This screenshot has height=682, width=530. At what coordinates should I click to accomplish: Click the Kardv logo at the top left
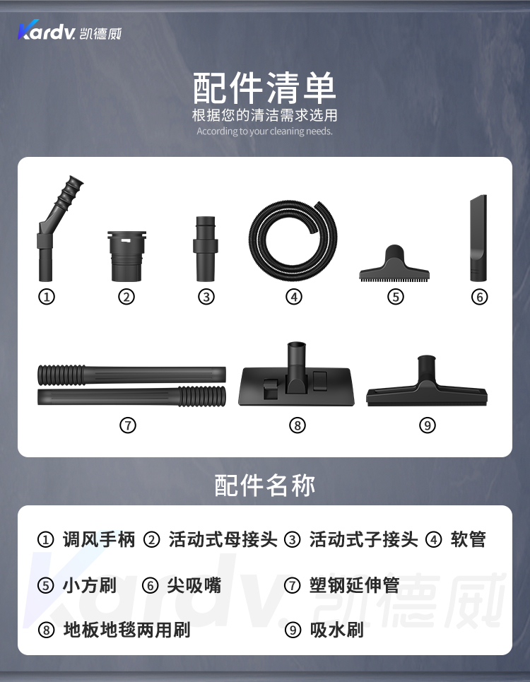(69, 30)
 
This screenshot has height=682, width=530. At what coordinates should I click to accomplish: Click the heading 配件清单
(264, 88)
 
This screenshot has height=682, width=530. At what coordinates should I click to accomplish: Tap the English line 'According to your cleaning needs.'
(264, 131)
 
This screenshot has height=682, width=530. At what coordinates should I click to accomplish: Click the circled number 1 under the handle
(47, 297)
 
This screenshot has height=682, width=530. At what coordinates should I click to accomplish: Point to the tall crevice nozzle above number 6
(478, 238)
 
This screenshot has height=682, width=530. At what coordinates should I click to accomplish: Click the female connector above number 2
(126, 256)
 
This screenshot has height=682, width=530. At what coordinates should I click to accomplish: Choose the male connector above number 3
(205, 249)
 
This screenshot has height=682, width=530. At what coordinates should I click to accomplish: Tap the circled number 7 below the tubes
(128, 425)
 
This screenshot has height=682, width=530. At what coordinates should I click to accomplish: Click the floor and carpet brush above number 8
(297, 375)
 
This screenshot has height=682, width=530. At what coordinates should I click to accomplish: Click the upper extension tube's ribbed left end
(61, 375)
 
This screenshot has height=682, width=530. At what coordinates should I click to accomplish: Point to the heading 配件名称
(265, 486)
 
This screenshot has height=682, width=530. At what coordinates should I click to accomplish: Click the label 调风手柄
(99, 539)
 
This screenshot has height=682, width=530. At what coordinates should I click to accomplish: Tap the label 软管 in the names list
(468, 539)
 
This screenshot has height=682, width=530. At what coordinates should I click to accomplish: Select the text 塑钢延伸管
(354, 585)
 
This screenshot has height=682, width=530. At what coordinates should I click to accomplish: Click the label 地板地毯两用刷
(127, 630)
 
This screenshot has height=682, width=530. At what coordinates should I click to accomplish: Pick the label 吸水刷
(336, 630)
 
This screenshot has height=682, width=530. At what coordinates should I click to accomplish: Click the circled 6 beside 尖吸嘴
(150, 585)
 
